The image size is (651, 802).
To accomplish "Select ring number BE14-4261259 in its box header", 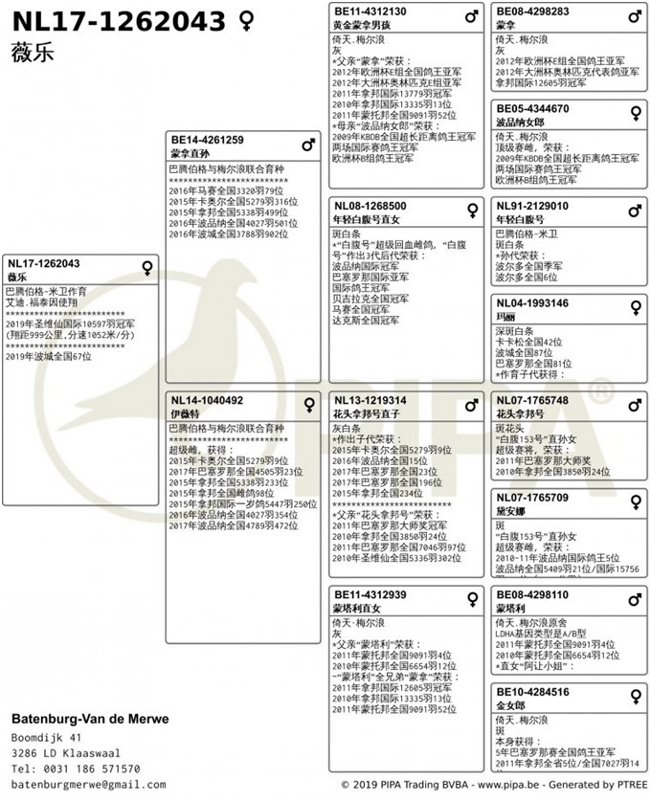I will [x=208, y=140].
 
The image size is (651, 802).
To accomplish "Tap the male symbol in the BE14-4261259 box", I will [x=308, y=145].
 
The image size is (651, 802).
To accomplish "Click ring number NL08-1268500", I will [x=370, y=206].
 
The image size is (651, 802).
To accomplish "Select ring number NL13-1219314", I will [x=370, y=400].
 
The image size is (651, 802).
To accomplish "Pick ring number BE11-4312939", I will [x=370, y=595].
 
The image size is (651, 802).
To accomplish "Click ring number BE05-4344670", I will [x=532, y=109].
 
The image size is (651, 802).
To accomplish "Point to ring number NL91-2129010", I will [x=532, y=206].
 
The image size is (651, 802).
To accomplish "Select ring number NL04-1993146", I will [x=532, y=303].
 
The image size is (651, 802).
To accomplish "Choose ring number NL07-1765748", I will [x=532, y=400].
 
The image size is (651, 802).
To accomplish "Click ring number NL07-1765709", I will [x=532, y=498].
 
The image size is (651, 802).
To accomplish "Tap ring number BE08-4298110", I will [x=532, y=595].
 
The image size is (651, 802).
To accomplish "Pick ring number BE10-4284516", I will [x=532, y=692].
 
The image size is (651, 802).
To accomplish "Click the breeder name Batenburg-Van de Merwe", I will [x=90, y=719].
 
